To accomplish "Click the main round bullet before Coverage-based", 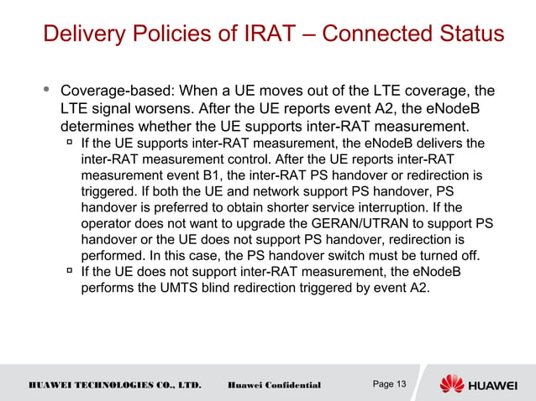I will [x=45, y=89].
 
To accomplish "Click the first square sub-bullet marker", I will [x=69, y=143].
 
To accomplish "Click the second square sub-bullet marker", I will [x=69, y=271].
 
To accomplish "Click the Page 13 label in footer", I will [x=388, y=384].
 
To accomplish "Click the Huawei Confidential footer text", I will [x=275, y=385].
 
